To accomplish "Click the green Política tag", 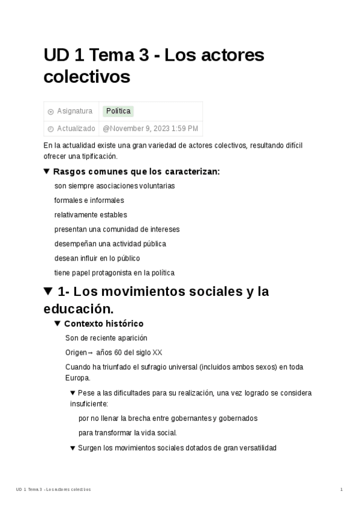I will coord(118,111).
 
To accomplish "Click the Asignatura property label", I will coord(74,111).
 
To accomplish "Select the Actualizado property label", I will coord(76,128).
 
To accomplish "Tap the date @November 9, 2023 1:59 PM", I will coord(151,128).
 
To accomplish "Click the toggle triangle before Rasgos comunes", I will coord(47,172).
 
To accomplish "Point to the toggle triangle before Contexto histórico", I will coord(58,324).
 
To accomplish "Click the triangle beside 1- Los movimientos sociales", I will coord(49,292).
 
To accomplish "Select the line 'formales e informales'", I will coord(89,200).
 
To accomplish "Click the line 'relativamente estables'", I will coord(91,215).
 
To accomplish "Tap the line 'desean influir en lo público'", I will coord(97,258).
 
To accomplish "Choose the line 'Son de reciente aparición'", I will coord(106,338).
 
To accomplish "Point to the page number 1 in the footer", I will coord(341,490).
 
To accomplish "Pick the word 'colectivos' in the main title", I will coord(86,77).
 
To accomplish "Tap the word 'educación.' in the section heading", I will coord(78,309).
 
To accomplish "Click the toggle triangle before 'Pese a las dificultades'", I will coord(73,393).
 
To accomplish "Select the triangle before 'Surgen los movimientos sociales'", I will coord(73,448).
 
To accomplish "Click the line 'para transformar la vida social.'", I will coord(128,433).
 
